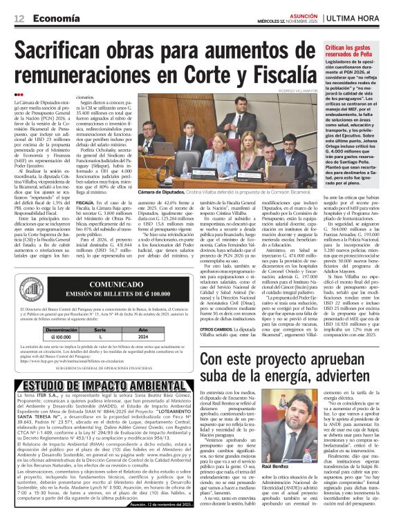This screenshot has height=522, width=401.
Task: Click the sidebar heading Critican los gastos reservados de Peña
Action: [361, 50]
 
